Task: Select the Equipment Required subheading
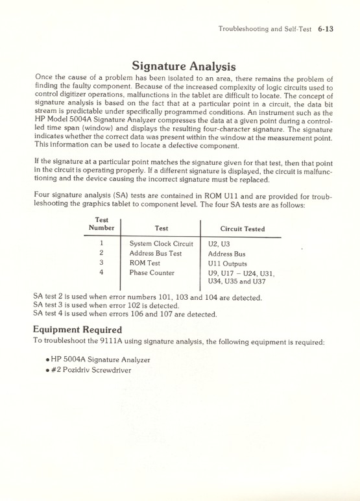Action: click(x=77, y=329)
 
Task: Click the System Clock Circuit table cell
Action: click(x=162, y=244)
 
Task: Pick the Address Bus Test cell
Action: click(x=156, y=254)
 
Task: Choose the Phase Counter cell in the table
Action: click(x=152, y=273)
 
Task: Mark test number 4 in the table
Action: click(x=101, y=273)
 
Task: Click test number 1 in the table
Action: click(x=101, y=244)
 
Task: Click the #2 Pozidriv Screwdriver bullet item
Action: click(x=92, y=370)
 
